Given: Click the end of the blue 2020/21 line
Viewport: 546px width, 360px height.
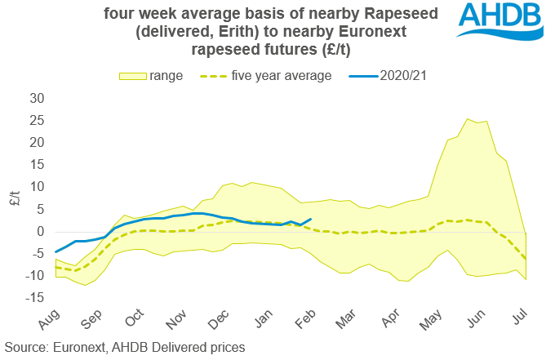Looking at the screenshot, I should click(310, 219).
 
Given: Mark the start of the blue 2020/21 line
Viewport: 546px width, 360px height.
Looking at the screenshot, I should click(55, 252).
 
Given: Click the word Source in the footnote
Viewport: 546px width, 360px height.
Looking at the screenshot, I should click(27, 347).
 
